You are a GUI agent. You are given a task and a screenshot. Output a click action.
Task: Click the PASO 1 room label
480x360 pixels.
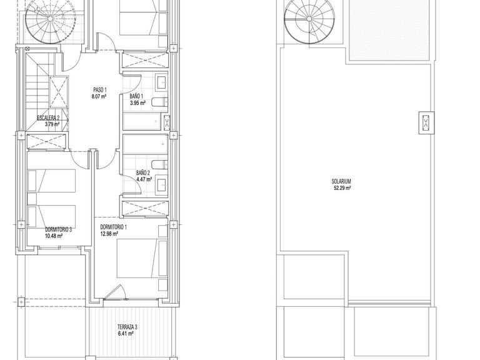coord(100,90)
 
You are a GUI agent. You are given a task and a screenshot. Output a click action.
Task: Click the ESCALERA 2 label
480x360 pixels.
coord(48,118)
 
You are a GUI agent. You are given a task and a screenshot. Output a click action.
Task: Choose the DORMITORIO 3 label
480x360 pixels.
coord(59,229)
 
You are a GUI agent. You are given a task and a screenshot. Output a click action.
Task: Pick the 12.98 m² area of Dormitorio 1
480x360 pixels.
coord(109,234)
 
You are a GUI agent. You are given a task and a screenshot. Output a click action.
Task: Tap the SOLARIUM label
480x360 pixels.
coord(341,181)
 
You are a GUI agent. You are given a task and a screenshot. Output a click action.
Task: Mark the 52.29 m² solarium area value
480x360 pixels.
coord(342,188)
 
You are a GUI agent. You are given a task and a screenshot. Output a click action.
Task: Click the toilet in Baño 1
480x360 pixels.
coord(160,102)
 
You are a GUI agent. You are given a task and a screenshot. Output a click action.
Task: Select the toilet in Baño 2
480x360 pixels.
coord(160,164)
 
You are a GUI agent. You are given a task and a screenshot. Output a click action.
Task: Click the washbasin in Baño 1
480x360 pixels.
coord(161,81)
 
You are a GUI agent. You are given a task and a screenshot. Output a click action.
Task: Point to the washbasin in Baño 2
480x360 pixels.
coord(161,185)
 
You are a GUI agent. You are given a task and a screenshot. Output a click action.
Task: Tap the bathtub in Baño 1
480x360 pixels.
coord(142,121)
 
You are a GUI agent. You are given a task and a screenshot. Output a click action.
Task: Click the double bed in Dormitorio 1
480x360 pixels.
coord(142,259)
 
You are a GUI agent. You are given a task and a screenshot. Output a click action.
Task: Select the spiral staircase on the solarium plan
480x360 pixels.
coord(309,19)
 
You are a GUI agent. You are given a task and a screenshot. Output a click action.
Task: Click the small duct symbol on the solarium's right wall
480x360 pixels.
coord(426,122)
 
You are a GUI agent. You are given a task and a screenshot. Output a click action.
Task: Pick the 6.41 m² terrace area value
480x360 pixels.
coord(125,334)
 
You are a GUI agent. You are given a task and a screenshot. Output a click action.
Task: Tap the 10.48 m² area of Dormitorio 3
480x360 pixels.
coord(54,236)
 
